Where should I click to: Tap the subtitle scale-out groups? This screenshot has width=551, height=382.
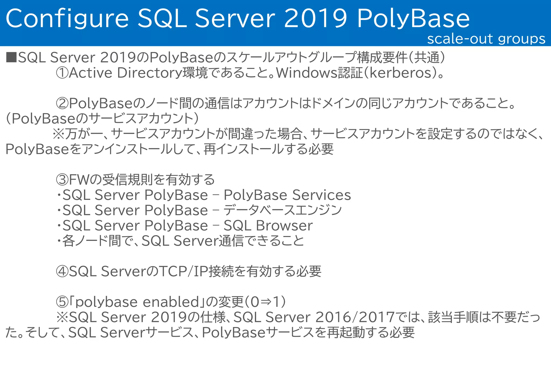tap(486, 39)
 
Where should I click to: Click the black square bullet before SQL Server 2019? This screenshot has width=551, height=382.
tap(11, 57)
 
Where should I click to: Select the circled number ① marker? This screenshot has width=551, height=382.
tap(62, 73)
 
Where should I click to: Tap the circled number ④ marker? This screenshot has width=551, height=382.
tap(62, 272)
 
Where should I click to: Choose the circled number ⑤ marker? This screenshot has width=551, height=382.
tap(62, 302)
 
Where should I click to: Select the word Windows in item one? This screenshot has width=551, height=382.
tap(307, 73)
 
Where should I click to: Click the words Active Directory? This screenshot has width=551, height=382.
tap(125, 73)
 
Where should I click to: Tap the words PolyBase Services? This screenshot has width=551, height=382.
tap(287, 195)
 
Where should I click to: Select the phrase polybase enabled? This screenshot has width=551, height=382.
tap(137, 302)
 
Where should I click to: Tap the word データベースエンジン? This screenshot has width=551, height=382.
tap(282, 210)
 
